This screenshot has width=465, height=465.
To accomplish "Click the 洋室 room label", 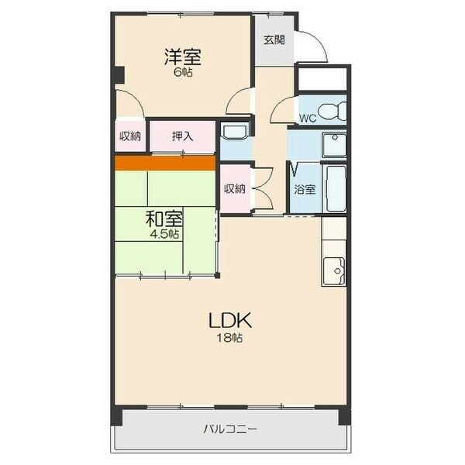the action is click(183, 57).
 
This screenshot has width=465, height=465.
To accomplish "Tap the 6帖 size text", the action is click(183, 72).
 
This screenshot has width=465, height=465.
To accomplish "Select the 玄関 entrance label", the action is click(274, 40).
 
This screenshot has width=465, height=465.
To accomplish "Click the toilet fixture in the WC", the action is click(332, 112).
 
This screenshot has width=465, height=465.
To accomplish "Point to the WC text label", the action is click(308, 119).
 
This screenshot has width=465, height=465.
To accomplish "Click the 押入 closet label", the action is click(183, 136).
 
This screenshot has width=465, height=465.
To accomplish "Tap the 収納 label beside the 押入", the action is click(130, 136).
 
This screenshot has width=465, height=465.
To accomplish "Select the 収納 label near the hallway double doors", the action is click(235, 188).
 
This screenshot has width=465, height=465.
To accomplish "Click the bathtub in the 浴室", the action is click(336, 188).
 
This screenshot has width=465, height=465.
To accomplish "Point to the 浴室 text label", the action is click(305, 189).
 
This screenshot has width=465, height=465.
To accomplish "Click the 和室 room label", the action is click(164, 219).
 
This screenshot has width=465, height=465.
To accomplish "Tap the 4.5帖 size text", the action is click(164, 234).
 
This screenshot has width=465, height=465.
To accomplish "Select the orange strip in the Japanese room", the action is click(165, 163).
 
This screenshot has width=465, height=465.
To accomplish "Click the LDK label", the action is click(230, 321).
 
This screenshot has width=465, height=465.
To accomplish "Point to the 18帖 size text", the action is click(230, 337).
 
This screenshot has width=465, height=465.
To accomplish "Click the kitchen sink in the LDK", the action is click(334, 271).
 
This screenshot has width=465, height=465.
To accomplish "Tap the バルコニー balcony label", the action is click(230, 429).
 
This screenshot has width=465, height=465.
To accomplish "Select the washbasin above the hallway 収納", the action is click(235, 132).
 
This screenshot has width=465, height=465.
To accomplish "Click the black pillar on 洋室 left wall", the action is click(118, 75).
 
